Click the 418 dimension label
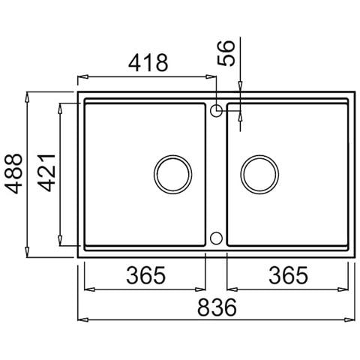pos(148,62)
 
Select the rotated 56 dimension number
pos(226,53)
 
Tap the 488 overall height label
pos(13,173)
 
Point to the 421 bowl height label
pos(46,173)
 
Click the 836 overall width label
pos(217,307)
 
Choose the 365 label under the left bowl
pos(146,275)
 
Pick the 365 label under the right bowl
pos(288,275)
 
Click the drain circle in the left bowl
pos(172,175)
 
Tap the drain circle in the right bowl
pos(259,175)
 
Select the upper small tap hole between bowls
pos(216,111)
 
